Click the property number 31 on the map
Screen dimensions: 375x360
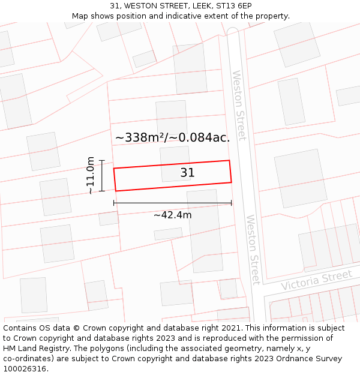pos(187,173)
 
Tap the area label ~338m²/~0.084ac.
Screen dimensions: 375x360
pos(172,137)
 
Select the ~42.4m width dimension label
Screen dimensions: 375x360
pos(172,215)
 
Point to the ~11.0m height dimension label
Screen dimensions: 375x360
pos(90,175)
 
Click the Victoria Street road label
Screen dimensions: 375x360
pos(316,280)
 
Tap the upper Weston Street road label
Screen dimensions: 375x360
pos(239,106)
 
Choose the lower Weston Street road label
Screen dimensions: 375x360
pos(253,249)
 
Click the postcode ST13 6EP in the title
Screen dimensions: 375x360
pos(234,6)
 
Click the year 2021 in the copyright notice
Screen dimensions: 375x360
pos(230,328)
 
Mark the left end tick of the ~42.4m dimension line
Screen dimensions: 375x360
pos(114,203)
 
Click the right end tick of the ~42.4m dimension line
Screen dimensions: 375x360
pos(231,203)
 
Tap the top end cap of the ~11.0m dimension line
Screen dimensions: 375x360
pos(102,161)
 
